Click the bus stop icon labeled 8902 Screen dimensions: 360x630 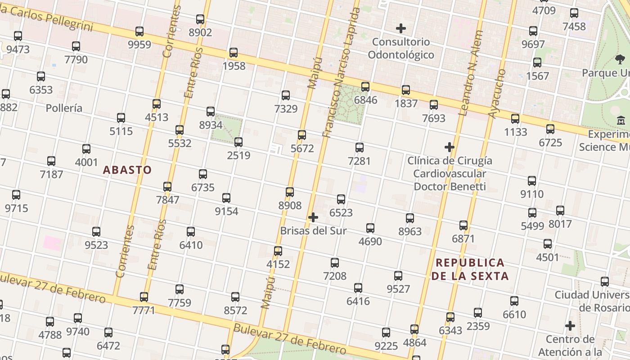200,19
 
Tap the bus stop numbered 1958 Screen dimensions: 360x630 234,53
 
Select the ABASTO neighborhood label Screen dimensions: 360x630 127,170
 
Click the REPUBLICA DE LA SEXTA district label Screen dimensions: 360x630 470,269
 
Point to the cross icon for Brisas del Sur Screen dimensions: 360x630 313,218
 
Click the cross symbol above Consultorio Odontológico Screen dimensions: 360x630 400,29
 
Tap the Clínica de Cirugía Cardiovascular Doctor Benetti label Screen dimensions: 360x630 450,173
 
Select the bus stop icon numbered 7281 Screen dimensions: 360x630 359,148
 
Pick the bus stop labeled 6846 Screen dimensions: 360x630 365,87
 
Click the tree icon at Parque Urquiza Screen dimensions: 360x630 620,59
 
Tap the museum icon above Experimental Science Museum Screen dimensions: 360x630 621,120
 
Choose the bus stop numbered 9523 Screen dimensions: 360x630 96,232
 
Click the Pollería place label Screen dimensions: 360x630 64,108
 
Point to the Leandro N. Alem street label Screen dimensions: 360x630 471,73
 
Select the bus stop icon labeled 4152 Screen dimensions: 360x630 278,251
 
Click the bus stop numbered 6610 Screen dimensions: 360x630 514,301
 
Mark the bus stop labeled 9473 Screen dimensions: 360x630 18,36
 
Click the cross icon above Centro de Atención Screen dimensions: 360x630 570,326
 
